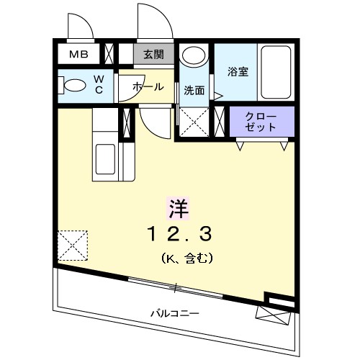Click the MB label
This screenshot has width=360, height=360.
[x=77, y=55]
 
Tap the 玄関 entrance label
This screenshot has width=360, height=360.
[x=153, y=55]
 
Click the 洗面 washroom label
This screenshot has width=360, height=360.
[x=194, y=91]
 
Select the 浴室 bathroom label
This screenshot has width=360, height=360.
[x=238, y=72]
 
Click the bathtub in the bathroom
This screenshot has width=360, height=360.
[x=276, y=73]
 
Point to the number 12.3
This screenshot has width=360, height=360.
[x=179, y=233]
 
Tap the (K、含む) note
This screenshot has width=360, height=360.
[x=185, y=258]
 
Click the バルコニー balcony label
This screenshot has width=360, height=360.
[x=174, y=313]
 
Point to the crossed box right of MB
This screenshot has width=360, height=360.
[x=109, y=55]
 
